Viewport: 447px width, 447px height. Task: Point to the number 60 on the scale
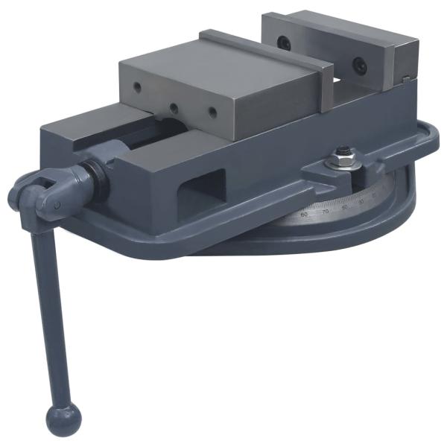304,214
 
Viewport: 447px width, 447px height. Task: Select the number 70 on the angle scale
325,212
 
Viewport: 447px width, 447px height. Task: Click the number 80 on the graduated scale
344,207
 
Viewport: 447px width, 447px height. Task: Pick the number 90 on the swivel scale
362,202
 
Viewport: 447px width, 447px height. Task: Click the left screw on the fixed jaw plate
284,43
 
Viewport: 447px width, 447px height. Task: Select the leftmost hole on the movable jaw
139,88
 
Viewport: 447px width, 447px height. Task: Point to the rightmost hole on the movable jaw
212,113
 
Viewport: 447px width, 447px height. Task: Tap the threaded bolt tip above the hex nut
343,151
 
